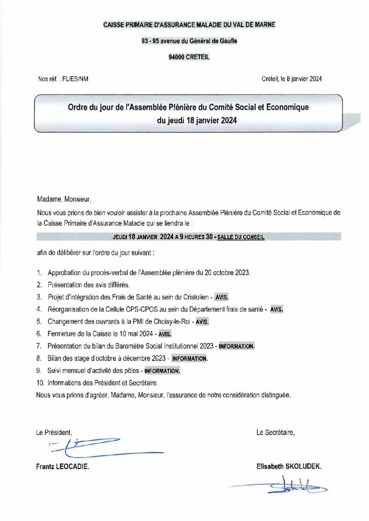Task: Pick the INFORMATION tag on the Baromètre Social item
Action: point(236,346)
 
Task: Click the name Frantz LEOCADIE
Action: point(63,466)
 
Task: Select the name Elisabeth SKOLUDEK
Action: point(289,466)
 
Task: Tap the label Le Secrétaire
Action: point(276,432)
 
